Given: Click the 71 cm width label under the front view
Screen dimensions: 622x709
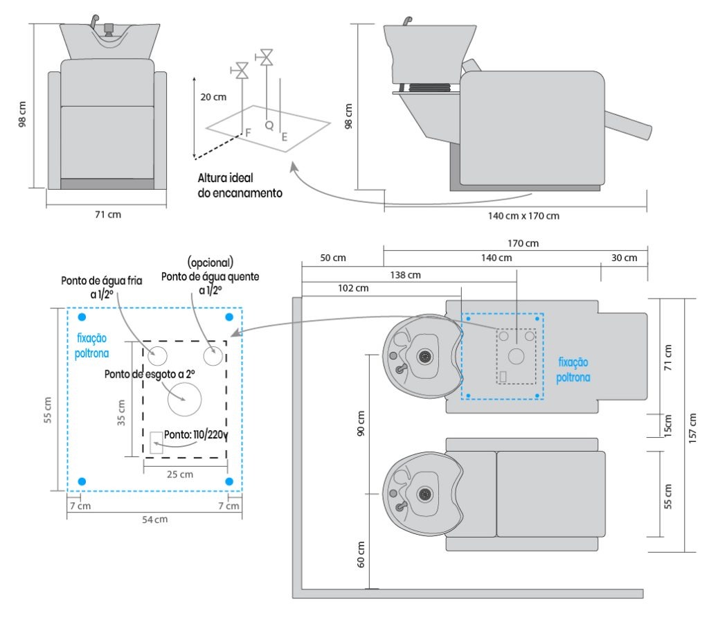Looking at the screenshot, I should (x=107, y=215).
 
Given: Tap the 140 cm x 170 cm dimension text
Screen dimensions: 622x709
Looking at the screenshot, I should (x=523, y=216).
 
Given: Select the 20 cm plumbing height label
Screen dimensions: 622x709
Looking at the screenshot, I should (x=213, y=97).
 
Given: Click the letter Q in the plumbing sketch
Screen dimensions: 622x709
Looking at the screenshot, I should (x=269, y=125).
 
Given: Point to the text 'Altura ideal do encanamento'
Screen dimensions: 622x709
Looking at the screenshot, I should (x=240, y=186).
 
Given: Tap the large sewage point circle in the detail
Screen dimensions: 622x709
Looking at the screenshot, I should (x=185, y=399).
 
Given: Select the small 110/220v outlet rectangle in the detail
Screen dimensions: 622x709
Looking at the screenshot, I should (x=156, y=443).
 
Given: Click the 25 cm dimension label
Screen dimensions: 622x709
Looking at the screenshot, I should (x=181, y=474).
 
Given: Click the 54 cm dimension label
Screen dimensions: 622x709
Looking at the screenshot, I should (x=155, y=519).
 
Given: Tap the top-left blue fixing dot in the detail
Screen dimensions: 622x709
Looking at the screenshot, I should (x=82, y=317).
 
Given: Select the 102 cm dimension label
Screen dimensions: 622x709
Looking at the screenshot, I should (x=353, y=288).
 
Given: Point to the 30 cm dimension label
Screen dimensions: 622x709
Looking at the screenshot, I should (x=625, y=258).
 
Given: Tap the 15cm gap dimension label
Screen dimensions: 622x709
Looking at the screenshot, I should (x=668, y=425).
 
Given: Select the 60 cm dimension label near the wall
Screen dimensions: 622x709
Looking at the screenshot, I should (x=361, y=554).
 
